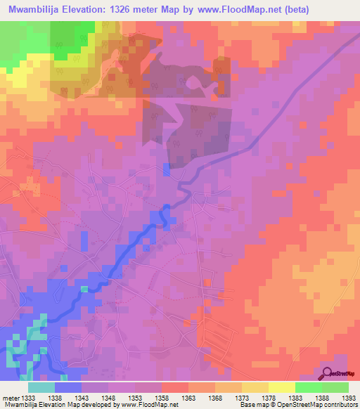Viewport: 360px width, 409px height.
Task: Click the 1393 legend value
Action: pos(347,398)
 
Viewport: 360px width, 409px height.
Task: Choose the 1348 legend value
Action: pos(108,398)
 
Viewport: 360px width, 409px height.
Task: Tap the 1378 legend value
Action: pos(267,398)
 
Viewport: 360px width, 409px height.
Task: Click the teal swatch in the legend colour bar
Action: pos(41,387)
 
